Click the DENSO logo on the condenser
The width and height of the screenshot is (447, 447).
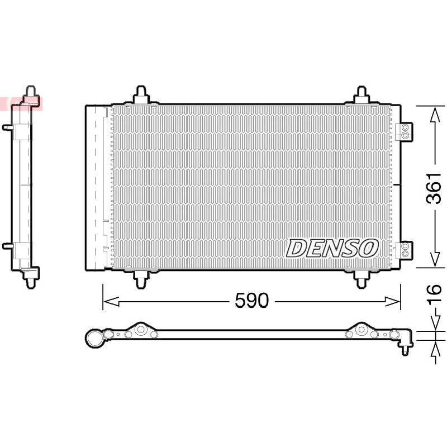click(332, 248)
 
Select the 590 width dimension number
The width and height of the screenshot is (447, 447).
click(252, 301)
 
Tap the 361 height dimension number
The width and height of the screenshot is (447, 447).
click(434, 188)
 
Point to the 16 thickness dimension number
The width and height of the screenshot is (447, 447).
click(434, 293)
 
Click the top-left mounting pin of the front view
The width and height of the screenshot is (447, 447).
click(141, 94)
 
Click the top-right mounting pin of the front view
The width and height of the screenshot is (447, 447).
click(362, 94)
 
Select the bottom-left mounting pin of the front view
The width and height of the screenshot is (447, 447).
click(141, 279)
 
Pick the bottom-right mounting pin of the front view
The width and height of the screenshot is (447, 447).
click(362, 279)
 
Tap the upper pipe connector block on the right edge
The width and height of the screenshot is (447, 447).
click(405, 131)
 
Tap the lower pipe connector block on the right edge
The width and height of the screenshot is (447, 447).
click(405, 250)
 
